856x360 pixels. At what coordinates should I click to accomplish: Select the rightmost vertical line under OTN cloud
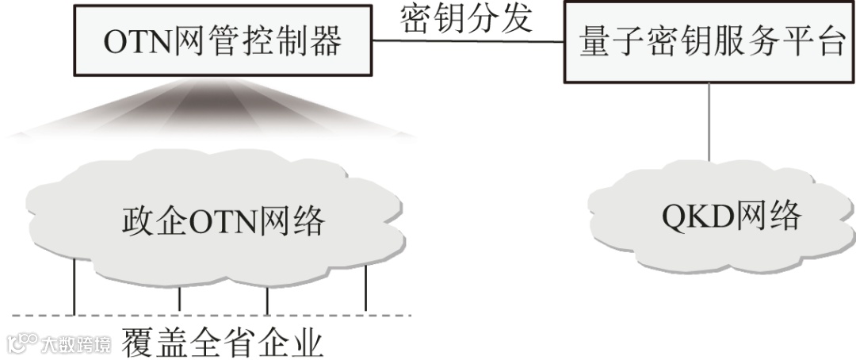[x=365, y=289]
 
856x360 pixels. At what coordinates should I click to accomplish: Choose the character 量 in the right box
[x=594, y=43]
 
